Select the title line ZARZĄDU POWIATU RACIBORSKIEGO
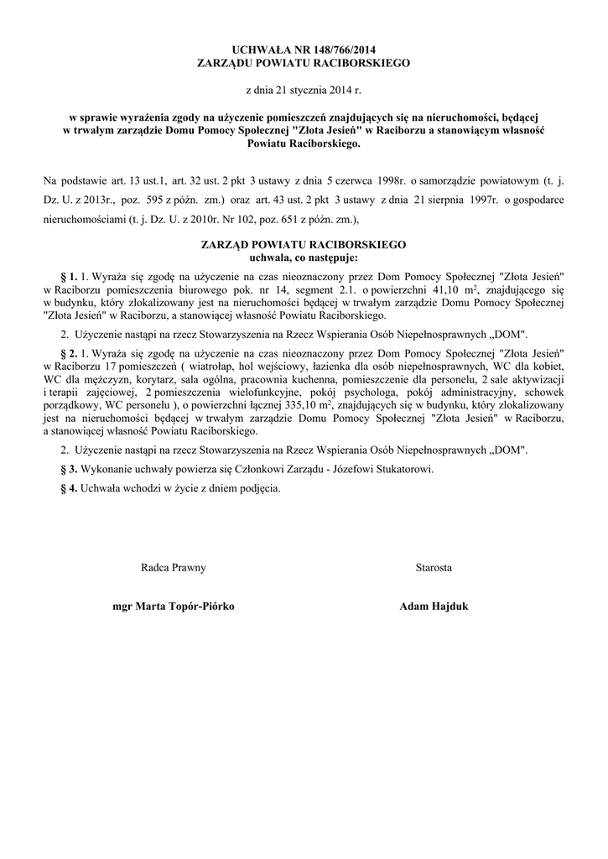303,63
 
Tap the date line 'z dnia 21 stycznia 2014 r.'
303,89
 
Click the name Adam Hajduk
434,605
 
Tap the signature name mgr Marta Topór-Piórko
174,605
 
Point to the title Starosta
434,568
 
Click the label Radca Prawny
174,568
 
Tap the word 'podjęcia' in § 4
258,487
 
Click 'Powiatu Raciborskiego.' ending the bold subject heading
303,144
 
